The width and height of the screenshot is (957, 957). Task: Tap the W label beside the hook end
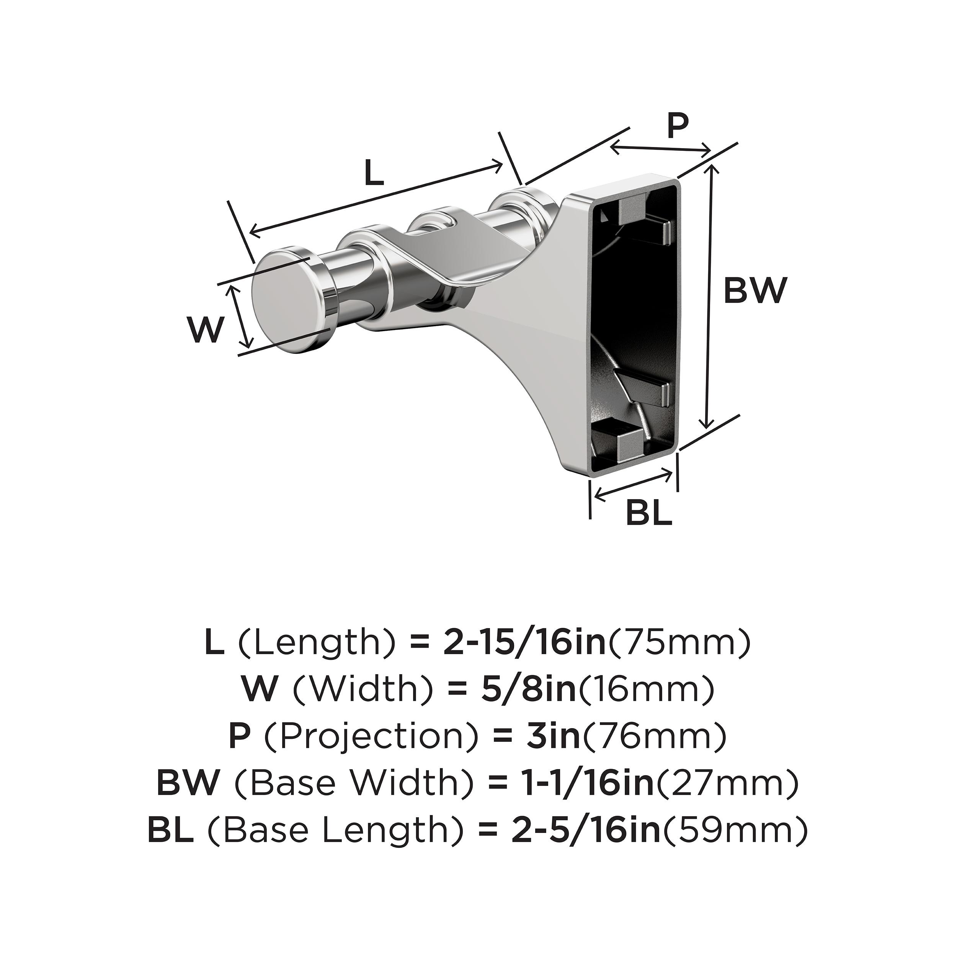(x=204, y=330)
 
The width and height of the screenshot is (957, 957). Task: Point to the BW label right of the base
(x=755, y=291)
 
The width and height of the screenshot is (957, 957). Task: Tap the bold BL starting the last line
(x=170, y=831)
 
